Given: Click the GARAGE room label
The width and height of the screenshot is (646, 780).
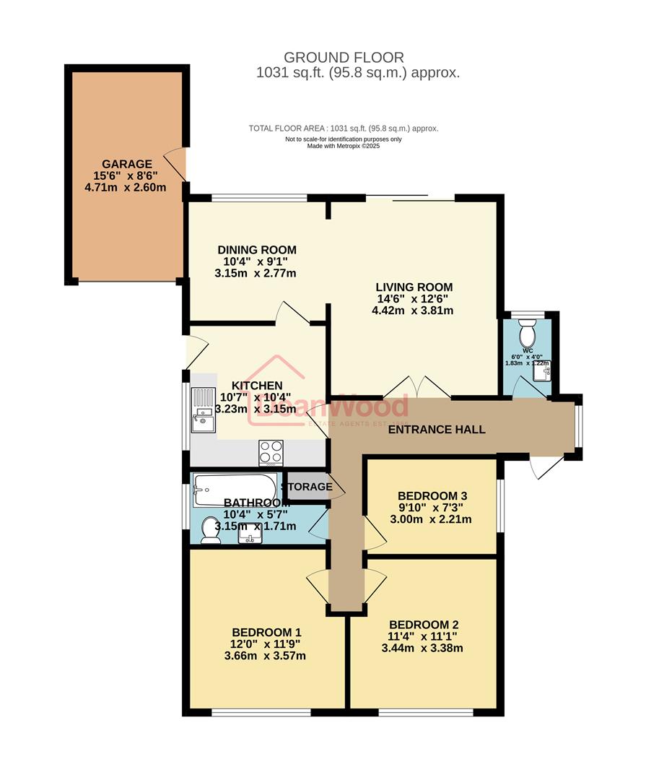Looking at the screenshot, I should pos(126,164).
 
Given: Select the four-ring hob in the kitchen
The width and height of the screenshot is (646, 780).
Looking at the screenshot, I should pos(271,452).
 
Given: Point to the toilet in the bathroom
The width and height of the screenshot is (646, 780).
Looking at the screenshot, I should pos(210,529).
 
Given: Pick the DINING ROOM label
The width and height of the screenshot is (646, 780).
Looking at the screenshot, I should pos(257,250).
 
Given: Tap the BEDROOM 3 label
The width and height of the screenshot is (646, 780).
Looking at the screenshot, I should pos(432,495).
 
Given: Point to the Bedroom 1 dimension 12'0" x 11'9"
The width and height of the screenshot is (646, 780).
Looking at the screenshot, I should pos(266,643).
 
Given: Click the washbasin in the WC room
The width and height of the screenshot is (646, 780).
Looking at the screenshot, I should pos(546,373).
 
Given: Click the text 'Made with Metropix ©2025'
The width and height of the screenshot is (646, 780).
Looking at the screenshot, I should pos(343,146).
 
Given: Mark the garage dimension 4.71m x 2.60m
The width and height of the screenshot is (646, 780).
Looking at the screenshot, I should pos(125,187).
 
